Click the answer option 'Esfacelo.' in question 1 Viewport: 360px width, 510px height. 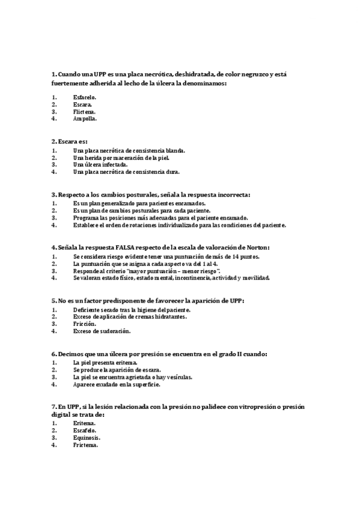tap(84, 97)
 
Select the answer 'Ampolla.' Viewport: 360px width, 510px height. tap(85, 118)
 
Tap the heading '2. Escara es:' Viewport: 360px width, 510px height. tap(70, 141)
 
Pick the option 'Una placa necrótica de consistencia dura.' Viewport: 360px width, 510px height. tap(126, 171)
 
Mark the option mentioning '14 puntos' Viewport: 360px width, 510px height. tap(159, 257)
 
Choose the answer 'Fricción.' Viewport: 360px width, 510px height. tap(85, 324)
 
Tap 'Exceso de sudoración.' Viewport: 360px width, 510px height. tap(102, 331)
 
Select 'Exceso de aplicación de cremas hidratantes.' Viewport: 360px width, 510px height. tap(130, 316)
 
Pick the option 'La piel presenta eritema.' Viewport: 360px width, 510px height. tap(105, 363)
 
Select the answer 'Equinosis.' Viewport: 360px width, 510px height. tap(87, 438)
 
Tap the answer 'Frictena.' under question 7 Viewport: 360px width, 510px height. tap(85, 445)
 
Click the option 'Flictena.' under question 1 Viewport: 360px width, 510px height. tap(84, 111)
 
